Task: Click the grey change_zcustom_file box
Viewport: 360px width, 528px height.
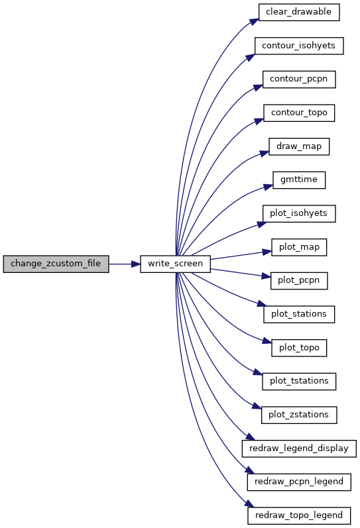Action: click(x=56, y=264)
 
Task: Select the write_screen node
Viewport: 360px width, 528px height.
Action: click(x=175, y=264)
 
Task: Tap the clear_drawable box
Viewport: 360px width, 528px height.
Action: click(x=299, y=12)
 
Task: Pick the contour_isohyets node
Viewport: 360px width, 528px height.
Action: click(x=299, y=46)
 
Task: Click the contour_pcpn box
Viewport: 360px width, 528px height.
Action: click(x=299, y=79)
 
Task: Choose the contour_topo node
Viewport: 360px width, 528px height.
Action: click(x=299, y=113)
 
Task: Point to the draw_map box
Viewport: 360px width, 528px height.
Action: click(x=299, y=146)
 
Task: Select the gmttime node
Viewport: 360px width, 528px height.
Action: click(x=299, y=180)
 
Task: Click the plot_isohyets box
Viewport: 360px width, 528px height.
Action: click(x=299, y=213)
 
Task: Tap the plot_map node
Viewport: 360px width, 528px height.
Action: click(x=299, y=247)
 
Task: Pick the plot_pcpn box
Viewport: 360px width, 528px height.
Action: click(x=299, y=280)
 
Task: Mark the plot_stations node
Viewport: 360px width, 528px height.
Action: click(x=299, y=314)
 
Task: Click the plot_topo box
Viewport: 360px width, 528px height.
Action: click(x=299, y=348)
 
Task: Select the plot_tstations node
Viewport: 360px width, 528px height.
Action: click(x=299, y=381)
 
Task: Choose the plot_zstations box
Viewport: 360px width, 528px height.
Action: click(x=299, y=415)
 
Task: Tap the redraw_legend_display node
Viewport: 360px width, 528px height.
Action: click(x=299, y=449)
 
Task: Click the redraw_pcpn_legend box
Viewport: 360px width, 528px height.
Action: click(x=299, y=482)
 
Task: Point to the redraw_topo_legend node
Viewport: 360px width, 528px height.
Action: click(x=299, y=515)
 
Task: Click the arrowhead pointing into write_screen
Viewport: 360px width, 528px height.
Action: click(x=135, y=264)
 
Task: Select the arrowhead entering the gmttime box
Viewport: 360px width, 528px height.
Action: click(x=269, y=186)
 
